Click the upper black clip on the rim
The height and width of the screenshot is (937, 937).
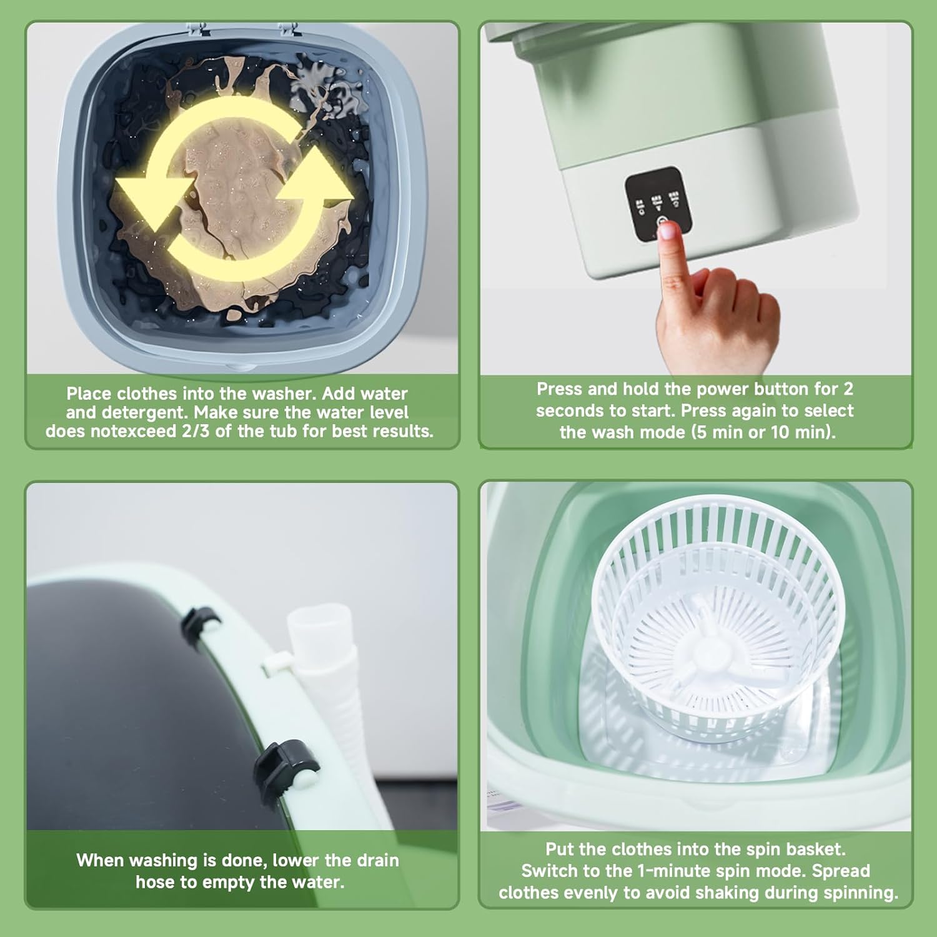click(x=201, y=623)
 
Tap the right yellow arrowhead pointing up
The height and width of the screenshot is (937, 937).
click(x=315, y=182)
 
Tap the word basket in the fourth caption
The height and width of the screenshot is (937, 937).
click(x=815, y=850)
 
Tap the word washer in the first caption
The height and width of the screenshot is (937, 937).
click(x=284, y=394)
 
